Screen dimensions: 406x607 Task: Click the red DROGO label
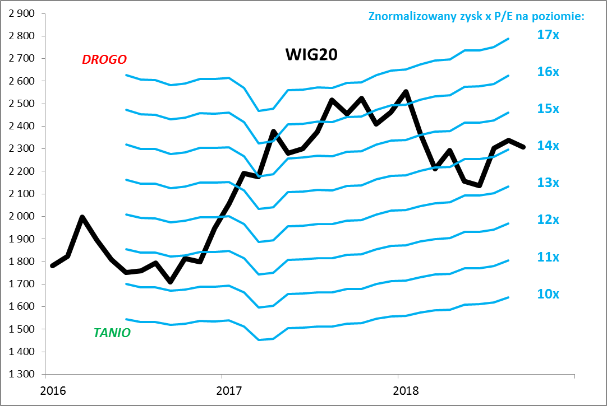point(104,59)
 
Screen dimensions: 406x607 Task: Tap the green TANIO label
point(112,333)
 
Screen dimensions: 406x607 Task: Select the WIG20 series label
point(311,55)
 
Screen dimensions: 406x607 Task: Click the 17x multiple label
point(548,35)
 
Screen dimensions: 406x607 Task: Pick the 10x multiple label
point(548,294)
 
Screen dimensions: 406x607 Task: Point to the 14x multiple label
point(548,146)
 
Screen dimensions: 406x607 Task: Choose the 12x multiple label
point(548,220)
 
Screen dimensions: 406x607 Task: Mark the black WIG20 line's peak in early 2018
point(406,91)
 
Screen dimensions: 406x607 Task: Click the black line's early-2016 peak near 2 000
point(82,217)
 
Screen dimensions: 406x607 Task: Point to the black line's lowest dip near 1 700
point(171,282)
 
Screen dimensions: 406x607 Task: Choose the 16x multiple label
point(548,72)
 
